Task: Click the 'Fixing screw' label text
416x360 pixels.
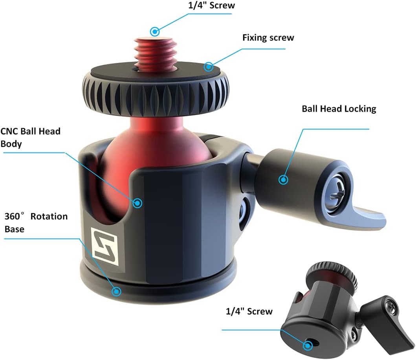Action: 268,38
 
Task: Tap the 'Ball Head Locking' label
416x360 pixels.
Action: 339,109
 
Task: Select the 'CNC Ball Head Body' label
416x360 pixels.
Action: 31,138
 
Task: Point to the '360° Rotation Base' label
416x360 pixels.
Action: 36,222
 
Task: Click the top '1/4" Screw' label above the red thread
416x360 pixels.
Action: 211,6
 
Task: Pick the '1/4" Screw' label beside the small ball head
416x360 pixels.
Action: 249,311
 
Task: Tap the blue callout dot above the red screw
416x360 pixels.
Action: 155,31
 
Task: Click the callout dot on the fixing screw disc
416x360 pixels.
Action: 209,66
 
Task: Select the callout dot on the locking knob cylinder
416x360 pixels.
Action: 283,180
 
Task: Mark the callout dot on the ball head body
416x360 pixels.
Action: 137,203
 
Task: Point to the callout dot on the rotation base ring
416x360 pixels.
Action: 116,291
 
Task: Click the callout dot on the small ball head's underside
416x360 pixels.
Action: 308,346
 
